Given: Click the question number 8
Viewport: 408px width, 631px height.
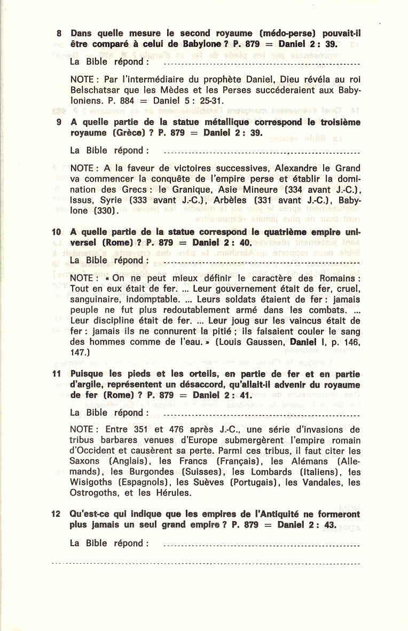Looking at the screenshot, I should click(59, 33).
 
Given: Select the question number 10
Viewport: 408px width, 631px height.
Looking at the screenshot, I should click(56, 233).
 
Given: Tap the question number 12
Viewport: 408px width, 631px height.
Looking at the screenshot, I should click(56, 514).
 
